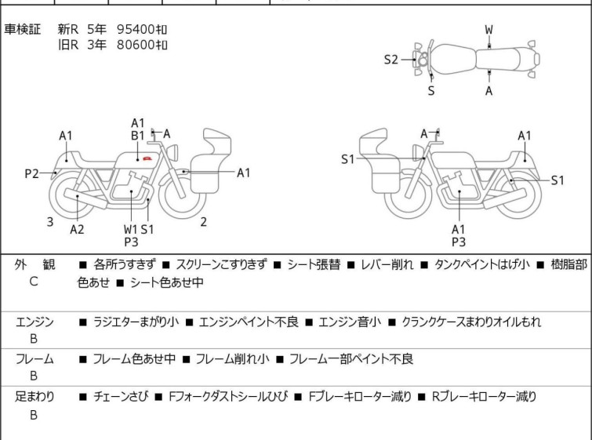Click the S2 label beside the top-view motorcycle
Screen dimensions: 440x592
(x=391, y=59)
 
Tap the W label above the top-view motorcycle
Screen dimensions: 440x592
(x=488, y=30)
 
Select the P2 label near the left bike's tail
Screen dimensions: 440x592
(x=31, y=173)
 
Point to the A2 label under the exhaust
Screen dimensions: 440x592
(x=77, y=229)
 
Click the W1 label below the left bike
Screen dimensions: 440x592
(x=130, y=229)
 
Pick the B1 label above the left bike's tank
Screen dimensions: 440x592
(x=137, y=135)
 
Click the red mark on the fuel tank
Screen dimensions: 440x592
(x=146, y=159)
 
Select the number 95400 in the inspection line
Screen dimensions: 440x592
(x=136, y=29)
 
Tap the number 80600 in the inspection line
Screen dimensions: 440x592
(x=136, y=45)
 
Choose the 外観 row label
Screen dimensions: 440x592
(x=34, y=264)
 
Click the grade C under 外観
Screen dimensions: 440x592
(x=34, y=282)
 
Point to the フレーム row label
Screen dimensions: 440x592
(x=34, y=359)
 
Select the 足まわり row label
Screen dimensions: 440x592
(x=34, y=397)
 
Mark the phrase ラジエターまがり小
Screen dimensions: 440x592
(x=136, y=322)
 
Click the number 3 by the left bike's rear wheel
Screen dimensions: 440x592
(x=49, y=222)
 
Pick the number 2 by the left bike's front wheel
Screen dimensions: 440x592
(x=203, y=222)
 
